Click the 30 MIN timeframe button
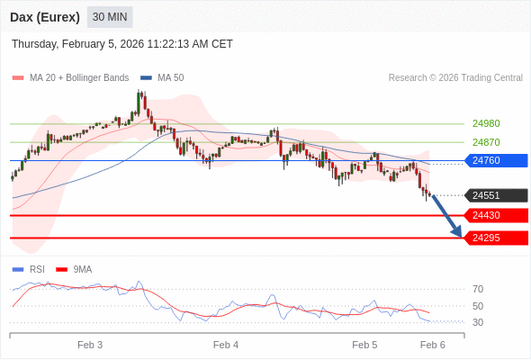coord(111,17)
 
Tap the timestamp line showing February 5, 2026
coord(122,43)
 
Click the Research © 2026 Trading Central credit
coord(455,77)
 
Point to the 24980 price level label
coord(486,123)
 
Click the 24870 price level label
coord(486,142)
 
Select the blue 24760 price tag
coord(495,160)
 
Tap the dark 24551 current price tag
coord(495,195)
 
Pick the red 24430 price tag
coord(495,215)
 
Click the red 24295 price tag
coord(495,238)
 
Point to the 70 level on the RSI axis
coord(478,289)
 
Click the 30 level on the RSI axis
coord(478,322)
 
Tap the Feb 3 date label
coord(90,345)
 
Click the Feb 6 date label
coord(433,345)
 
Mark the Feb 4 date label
coord(226,345)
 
